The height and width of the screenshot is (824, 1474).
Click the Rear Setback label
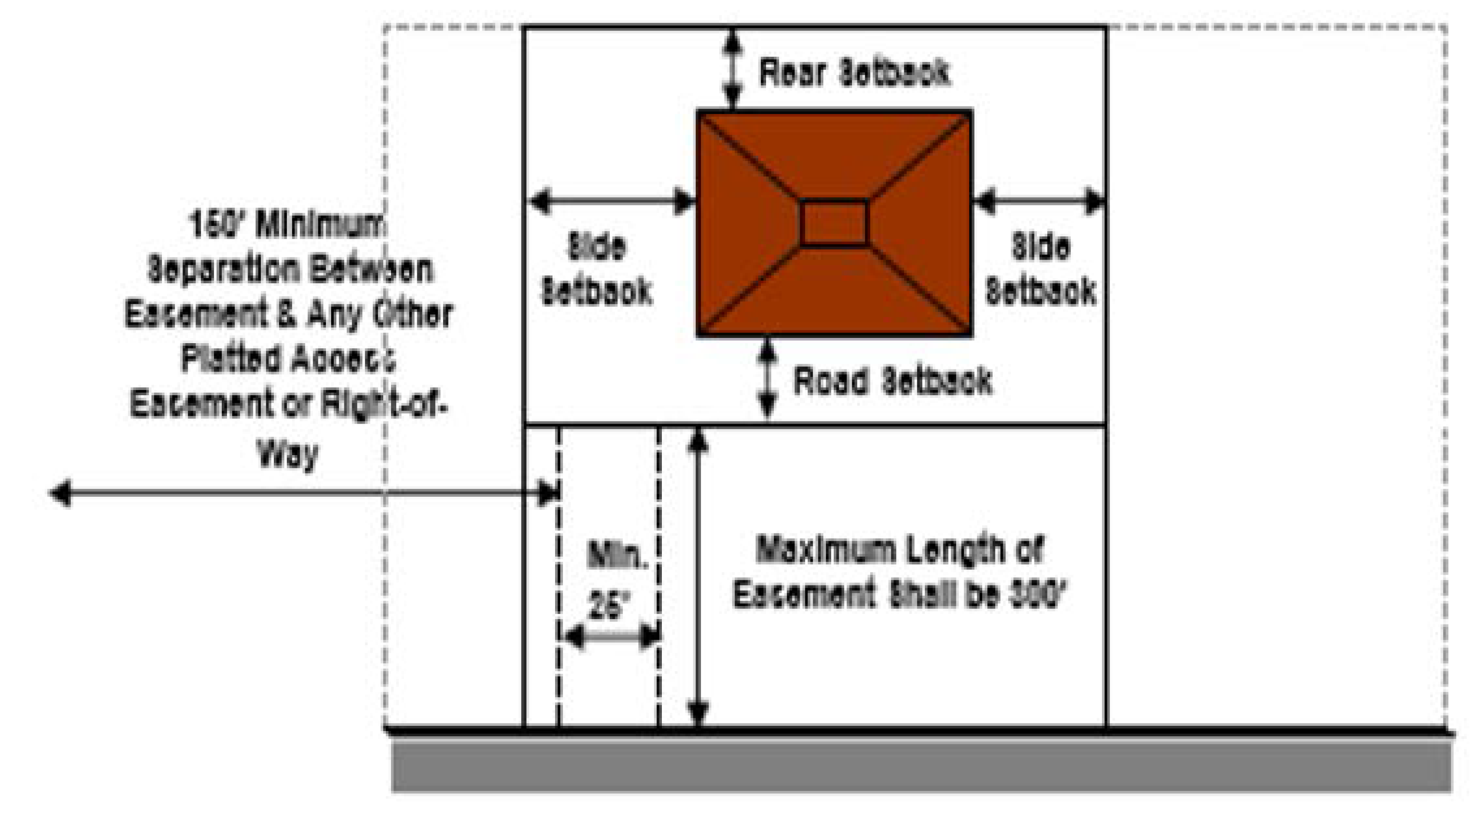coord(854,73)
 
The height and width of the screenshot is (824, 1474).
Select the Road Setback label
coord(893,381)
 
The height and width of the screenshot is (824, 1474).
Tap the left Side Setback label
coord(596,269)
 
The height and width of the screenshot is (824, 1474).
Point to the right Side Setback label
coord(1040,269)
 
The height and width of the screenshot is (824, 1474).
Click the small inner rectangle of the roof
coord(834,223)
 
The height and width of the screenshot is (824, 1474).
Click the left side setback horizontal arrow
coord(611,201)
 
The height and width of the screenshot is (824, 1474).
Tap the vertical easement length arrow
coord(698,578)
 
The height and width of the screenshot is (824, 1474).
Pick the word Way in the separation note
coord(288,455)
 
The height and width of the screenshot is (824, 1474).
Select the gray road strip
coord(921,765)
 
